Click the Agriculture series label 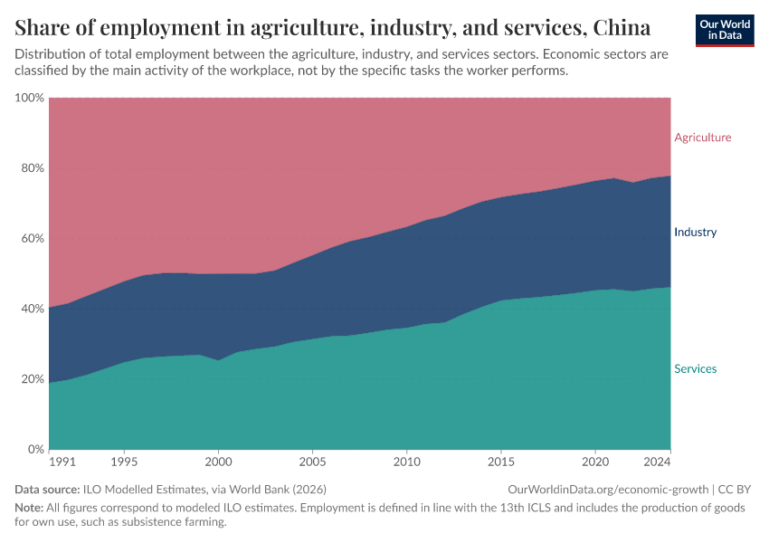pos(702,138)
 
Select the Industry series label pos(695,233)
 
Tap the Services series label pos(695,369)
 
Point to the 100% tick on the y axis pos(30,98)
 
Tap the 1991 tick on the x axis pos(62,462)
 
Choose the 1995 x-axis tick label pos(123,462)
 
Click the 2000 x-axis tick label pos(218,462)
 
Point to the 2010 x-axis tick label pos(406,462)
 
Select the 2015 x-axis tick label pos(500,462)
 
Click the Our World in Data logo pos(724,30)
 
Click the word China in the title pos(619,25)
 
